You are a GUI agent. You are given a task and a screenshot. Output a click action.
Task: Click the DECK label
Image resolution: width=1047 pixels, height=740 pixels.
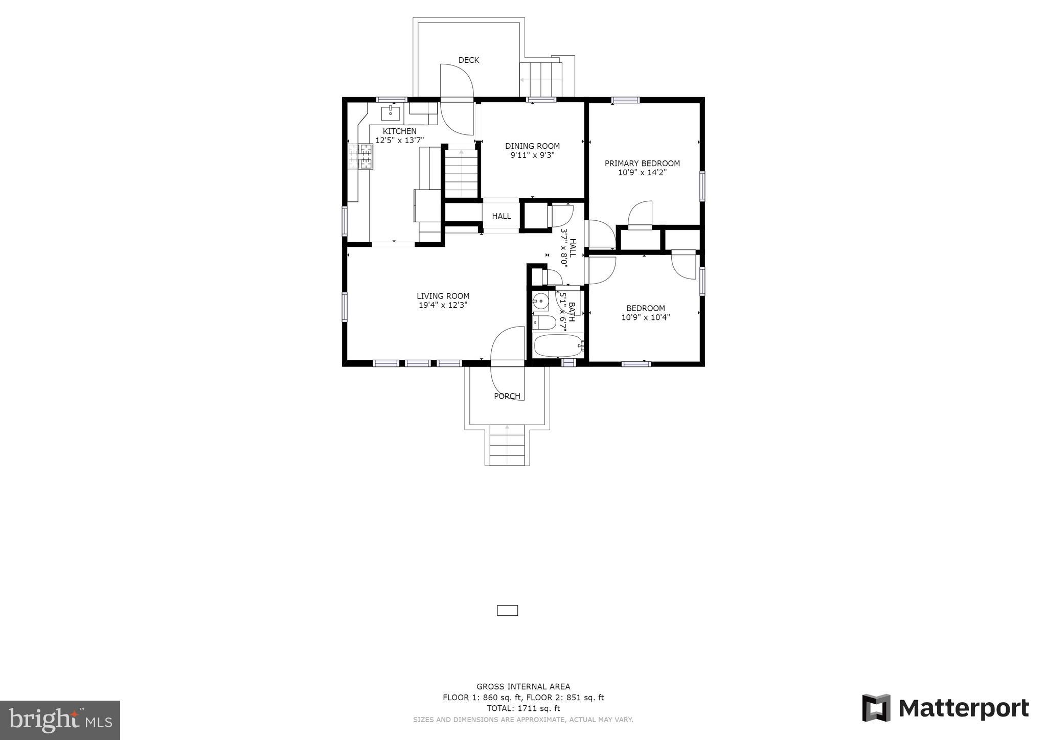coord(468,60)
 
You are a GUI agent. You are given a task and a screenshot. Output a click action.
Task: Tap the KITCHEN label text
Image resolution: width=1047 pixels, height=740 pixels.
coord(399,131)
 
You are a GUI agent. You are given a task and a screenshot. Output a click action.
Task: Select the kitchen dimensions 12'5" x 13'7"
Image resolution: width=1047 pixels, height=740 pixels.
coord(399,140)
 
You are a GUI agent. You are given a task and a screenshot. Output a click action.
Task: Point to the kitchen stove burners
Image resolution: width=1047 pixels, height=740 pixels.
coord(360,156)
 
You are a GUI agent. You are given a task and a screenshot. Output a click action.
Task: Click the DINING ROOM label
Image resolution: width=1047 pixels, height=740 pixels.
coord(532,146)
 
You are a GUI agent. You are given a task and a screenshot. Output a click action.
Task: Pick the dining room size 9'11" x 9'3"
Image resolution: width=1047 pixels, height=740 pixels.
coord(532,155)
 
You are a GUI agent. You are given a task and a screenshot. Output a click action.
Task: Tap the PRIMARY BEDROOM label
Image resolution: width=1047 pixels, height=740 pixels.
coord(642,164)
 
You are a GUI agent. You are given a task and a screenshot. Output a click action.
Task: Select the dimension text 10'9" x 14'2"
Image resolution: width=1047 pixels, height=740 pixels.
coord(642,173)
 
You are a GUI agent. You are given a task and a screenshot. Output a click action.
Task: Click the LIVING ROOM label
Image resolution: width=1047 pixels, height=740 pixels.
coord(443,296)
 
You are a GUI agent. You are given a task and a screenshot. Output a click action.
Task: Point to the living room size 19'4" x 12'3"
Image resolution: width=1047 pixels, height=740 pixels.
coord(443,305)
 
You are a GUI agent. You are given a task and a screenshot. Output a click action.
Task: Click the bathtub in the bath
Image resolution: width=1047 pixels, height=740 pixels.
coord(558,346)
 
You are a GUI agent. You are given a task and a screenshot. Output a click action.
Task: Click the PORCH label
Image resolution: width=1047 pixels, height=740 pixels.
coord(507,396)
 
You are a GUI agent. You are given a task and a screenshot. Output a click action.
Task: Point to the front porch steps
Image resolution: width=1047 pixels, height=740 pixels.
coord(507,445)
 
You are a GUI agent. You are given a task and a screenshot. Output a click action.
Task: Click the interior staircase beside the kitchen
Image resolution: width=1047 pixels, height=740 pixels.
coord(462,174)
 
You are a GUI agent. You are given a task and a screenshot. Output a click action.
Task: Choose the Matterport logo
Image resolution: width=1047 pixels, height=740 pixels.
coord(945,708)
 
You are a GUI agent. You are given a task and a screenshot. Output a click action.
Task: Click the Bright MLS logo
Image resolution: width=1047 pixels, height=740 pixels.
coord(60,720)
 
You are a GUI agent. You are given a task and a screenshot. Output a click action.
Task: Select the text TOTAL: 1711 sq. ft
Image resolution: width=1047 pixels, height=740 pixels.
coord(523,708)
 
